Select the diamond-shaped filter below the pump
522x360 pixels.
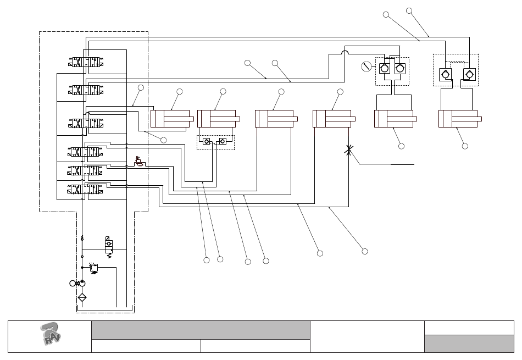[82, 298]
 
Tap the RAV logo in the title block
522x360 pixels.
[50, 335]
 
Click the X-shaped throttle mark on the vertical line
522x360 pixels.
[348, 149]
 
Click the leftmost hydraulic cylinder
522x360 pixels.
[170, 118]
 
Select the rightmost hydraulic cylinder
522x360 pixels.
[459, 118]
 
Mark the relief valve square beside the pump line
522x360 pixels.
[93, 268]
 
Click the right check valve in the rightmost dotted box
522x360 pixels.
[469, 74]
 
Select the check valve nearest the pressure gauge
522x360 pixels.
[385, 68]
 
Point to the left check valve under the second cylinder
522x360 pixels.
[206, 141]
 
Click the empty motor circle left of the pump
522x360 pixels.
[73, 283]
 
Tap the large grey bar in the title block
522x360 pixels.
[200, 330]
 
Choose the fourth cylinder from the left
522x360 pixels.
[333, 118]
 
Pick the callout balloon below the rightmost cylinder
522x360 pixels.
[465, 146]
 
